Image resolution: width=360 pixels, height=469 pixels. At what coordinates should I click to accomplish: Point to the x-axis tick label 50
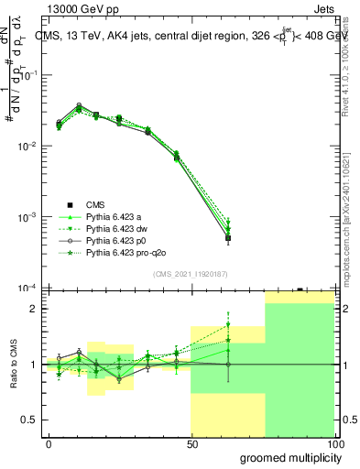pyautogui.click(x=191, y=443)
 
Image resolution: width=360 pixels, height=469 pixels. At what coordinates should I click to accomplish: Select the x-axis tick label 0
pyautogui.click(x=49, y=443)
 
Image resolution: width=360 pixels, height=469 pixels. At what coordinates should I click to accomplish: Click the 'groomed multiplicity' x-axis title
pyautogui.click(x=289, y=457)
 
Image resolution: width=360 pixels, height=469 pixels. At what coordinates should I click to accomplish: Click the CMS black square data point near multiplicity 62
pyautogui.click(x=228, y=238)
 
